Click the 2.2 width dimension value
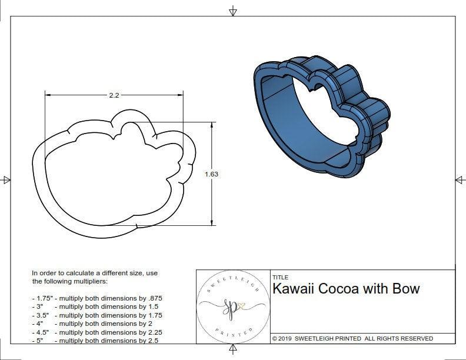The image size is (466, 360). click(x=114, y=95)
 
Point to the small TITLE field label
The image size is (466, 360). click(x=281, y=277)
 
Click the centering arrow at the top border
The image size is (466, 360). click(x=233, y=11)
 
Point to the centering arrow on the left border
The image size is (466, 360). click(x=6, y=180)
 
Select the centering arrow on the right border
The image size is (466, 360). click(x=460, y=180)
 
